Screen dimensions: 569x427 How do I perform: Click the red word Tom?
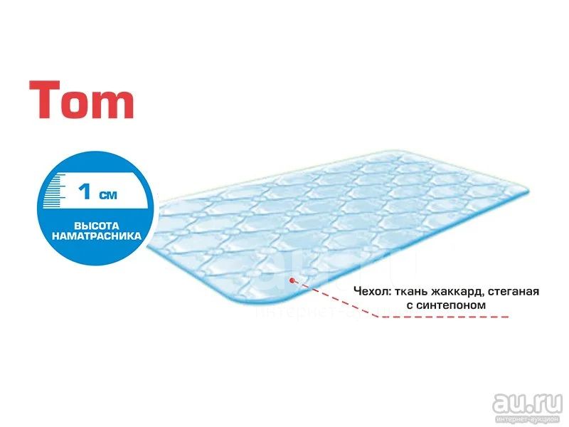pyautogui.click(x=82, y=100)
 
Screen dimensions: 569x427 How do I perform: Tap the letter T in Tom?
pyautogui.click(x=44, y=100)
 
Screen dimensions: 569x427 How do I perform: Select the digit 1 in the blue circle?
pyautogui.click(x=85, y=191)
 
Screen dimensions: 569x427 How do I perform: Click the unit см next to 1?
pyautogui.click(x=108, y=195)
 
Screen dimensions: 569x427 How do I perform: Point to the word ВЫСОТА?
pyautogui.click(x=97, y=226)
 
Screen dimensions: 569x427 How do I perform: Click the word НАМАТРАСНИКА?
pyautogui.click(x=97, y=236)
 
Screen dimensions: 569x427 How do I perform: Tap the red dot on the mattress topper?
pyautogui.click(x=292, y=280)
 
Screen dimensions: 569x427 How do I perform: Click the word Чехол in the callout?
pyautogui.click(x=372, y=291)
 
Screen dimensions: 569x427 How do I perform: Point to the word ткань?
pyautogui.click(x=411, y=292)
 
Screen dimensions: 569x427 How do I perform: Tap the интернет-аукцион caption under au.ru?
pyautogui.click(x=531, y=419)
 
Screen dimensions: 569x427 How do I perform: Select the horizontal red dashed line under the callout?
pyautogui.click(x=443, y=317)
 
